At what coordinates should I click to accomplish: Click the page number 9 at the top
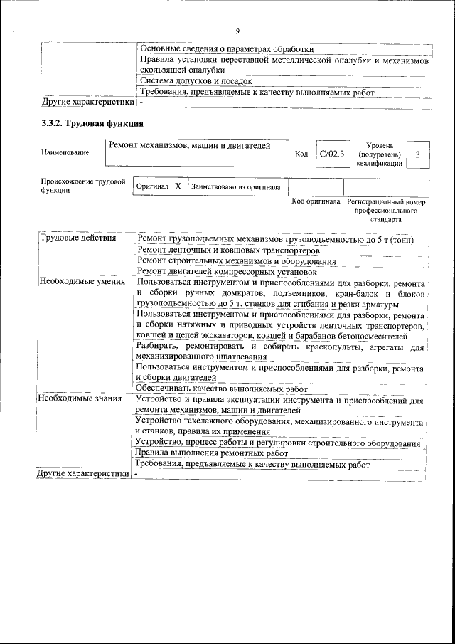(x=237, y=31)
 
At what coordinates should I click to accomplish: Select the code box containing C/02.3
(x=332, y=154)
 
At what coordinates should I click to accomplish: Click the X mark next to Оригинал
(x=178, y=186)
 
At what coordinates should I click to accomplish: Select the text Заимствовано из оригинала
(x=235, y=187)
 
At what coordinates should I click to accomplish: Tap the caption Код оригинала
(x=316, y=202)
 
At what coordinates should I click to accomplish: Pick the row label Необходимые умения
(x=82, y=280)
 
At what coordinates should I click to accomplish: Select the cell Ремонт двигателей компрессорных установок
(x=226, y=271)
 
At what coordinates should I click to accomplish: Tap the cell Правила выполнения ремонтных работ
(x=213, y=453)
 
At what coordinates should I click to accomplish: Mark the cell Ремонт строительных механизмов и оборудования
(x=237, y=260)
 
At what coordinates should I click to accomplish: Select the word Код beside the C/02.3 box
(x=301, y=154)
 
